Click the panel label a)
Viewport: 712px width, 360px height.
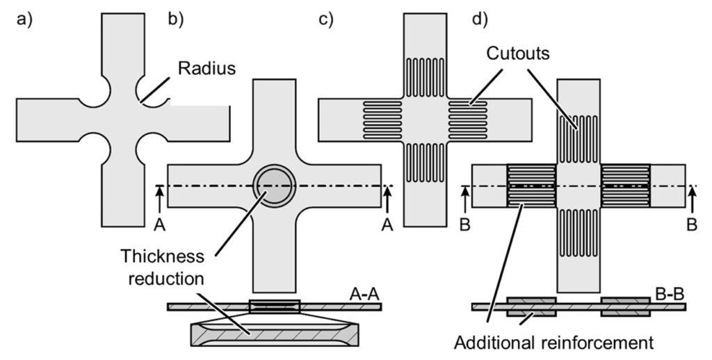[x=24, y=19]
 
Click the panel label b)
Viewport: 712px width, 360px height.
[x=176, y=19]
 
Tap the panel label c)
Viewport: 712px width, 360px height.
[x=326, y=19]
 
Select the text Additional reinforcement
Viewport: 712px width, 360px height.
[x=553, y=342]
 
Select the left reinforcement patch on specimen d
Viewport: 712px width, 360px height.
[x=531, y=186]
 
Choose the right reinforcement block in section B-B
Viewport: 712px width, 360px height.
[x=626, y=306]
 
